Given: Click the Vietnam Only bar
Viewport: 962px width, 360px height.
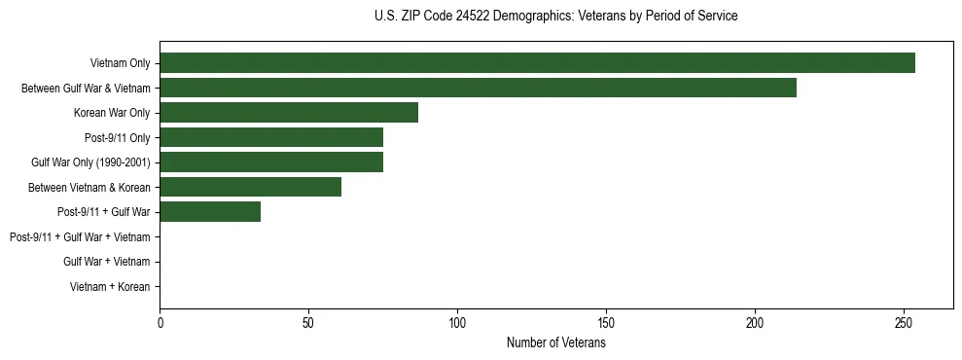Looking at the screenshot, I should [x=537, y=63].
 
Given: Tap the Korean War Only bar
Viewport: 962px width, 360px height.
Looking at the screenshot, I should [x=289, y=112].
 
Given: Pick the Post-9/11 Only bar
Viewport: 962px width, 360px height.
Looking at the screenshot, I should [x=271, y=137].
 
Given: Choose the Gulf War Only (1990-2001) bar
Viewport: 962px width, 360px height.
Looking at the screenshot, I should [x=271, y=162].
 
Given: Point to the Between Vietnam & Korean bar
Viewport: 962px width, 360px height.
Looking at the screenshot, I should [x=250, y=187].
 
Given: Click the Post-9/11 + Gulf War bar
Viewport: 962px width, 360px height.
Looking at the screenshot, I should [x=210, y=211].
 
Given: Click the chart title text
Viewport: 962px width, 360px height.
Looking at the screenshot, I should [x=555, y=17].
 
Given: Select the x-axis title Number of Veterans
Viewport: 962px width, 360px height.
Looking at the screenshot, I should [x=555, y=343].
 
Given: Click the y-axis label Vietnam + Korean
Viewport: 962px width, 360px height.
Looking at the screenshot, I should [x=110, y=286].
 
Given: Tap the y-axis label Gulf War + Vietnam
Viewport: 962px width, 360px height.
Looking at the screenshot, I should [x=106, y=261].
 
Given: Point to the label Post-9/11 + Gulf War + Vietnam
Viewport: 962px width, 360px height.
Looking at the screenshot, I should [x=80, y=236].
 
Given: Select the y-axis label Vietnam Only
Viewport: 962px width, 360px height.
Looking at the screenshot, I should [x=120, y=63].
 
